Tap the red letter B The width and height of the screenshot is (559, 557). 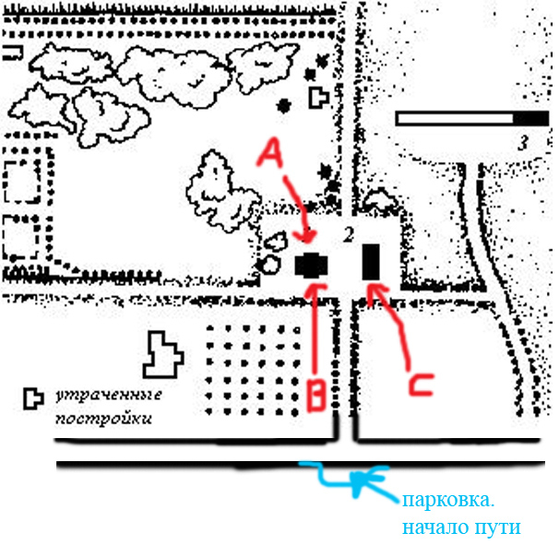(x=315, y=395)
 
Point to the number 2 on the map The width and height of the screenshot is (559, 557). (x=348, y=233)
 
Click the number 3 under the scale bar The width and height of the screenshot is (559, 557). (x=522, y=144)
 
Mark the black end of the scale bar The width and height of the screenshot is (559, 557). (x=529, y=119)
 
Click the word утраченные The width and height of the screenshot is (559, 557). (x=109, y=396)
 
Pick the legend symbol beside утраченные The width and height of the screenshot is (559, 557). (x=33, y=397)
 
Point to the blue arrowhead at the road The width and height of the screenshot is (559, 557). (x=358, y=478)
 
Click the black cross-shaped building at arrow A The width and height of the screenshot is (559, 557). (x=310, y=264)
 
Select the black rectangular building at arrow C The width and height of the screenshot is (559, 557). (x=372, y=261)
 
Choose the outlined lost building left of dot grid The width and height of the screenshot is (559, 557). (x=164, y=356)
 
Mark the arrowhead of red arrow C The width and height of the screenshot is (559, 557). (x=371, y=290)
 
